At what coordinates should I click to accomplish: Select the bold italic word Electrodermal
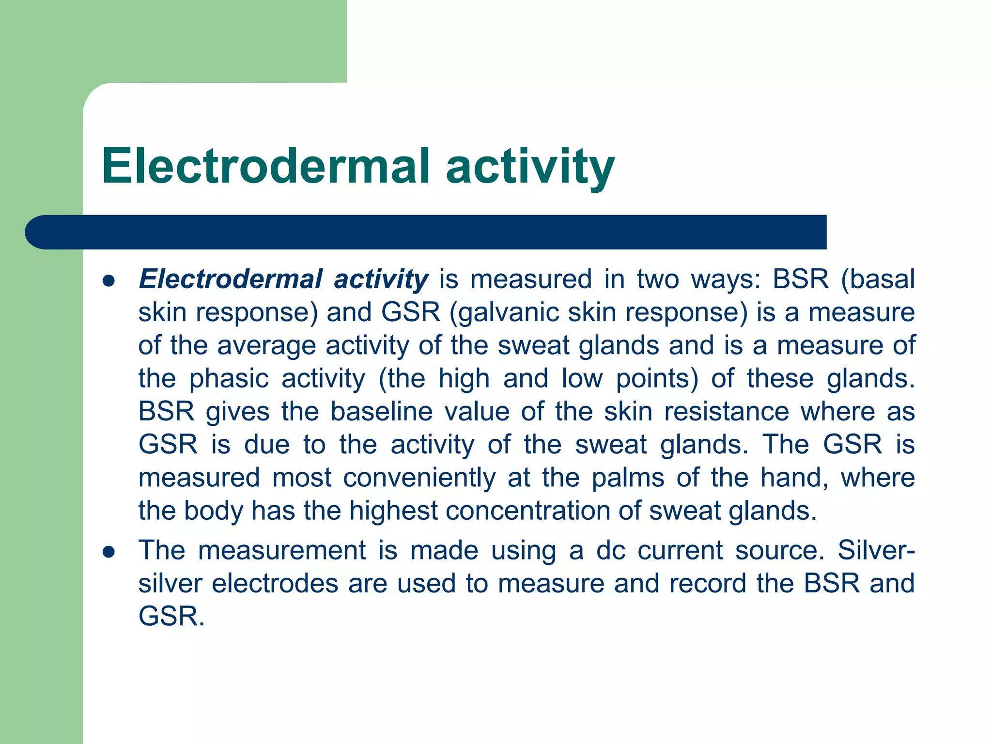(x=231, y=279)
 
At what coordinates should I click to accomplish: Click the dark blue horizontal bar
(x=426, y=232)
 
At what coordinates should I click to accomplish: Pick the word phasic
(x=229, y=379)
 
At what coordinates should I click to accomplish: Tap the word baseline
(x=382, y=412)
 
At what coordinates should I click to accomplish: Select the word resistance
(x=727, y=412)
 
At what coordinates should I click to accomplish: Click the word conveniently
(x=419, y=478)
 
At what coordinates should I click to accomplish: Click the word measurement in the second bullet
(x=281, y=551)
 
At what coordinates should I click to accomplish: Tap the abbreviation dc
(x=611, y=551)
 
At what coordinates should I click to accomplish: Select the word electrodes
(x=275, y=584)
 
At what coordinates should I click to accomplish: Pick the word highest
(x=393, y=511)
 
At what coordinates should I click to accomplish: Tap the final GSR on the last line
(x=171, y=617)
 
